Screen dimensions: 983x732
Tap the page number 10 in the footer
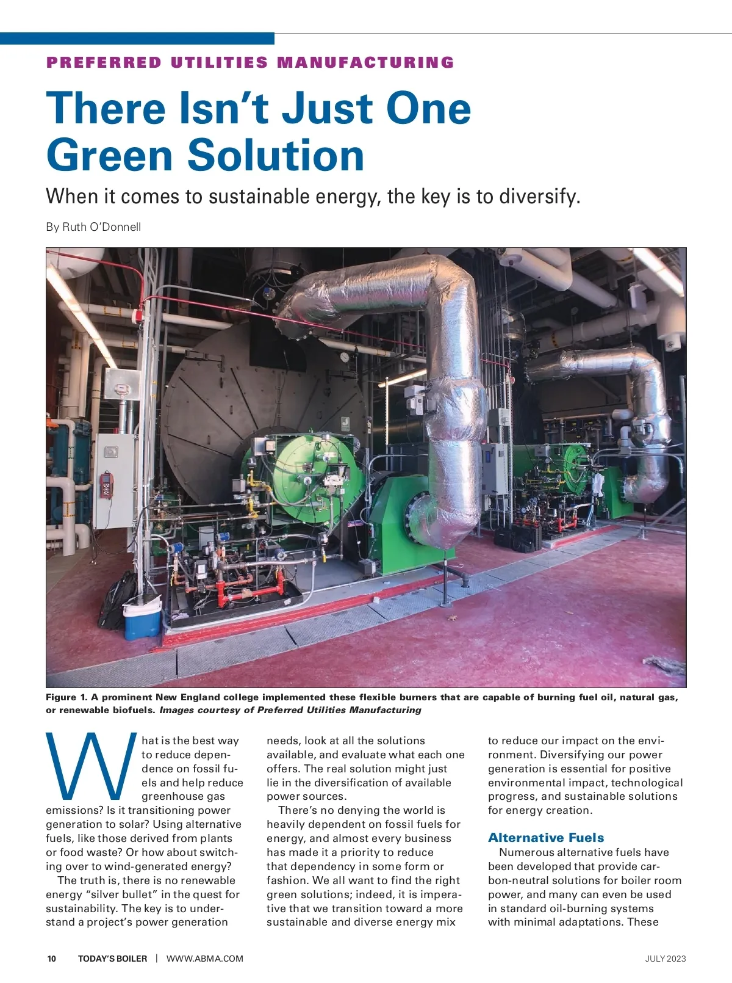(52, 959)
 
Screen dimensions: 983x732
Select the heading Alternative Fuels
(546, 838)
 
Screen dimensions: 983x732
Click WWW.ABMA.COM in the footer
(205, 959)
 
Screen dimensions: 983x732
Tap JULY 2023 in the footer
(666, 959)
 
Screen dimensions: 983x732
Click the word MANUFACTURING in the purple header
(366, 63)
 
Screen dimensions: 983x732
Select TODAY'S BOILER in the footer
(112, 959)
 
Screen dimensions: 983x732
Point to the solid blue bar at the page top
(137, 38)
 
